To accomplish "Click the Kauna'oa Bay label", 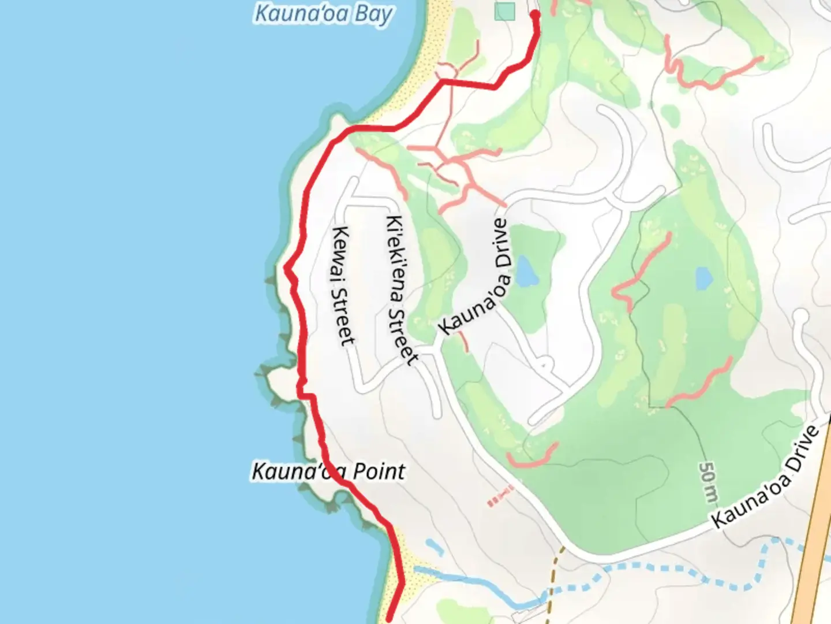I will pos(323,14).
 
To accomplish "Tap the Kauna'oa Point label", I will pos(328,471).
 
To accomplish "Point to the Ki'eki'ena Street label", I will pos(402,290).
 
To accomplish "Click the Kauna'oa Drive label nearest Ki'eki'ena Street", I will pos(476,277).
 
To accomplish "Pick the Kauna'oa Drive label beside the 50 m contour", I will pos(765,477).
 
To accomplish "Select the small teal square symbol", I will pos(505,11).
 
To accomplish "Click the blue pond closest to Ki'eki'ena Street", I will pos(527,272).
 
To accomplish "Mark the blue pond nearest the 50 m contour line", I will pos(703,278).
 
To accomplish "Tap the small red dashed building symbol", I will pos(500,497).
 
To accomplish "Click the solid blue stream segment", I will pos(479,584).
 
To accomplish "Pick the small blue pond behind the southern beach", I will pos(434,547).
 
